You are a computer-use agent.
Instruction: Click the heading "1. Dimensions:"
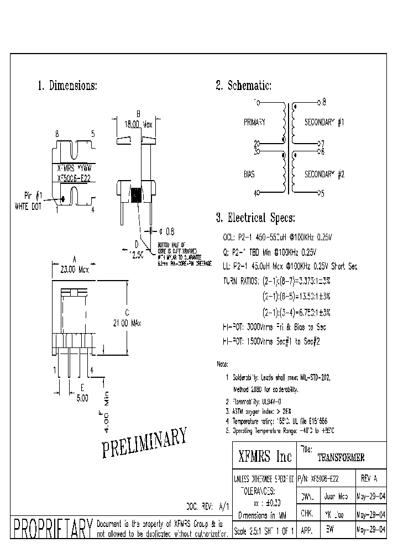[67, 86]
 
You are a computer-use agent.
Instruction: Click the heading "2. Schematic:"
[243, 86]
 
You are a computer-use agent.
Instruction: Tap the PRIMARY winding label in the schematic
[254, 122]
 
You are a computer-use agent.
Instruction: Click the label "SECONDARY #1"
[324, 122]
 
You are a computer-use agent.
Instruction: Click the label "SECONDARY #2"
[324, 174]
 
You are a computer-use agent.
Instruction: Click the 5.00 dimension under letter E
[82, 396]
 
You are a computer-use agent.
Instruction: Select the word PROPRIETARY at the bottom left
[52, 528]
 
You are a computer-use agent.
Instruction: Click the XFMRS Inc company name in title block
[264, 457]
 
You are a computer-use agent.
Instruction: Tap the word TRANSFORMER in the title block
[341, 458]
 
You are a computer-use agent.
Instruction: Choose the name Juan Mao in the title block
[336, 497]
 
